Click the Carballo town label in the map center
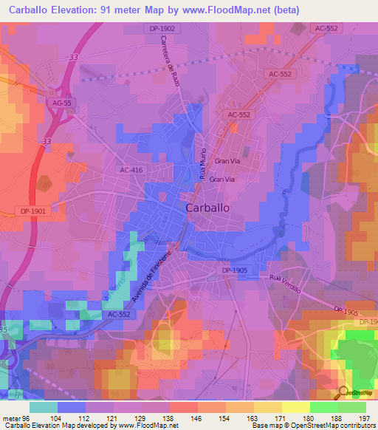tap(207, 208)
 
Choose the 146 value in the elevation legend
tap(196, 418)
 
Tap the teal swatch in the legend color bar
tap(44, 407)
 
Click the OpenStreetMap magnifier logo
tap(343, 392)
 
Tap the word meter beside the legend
tap(12, 418)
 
